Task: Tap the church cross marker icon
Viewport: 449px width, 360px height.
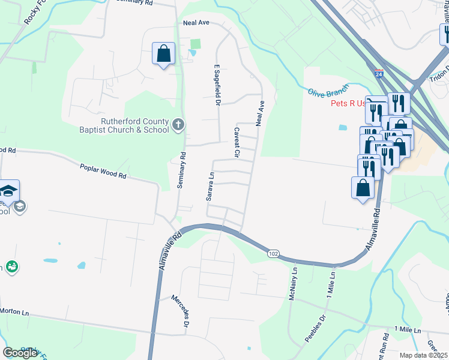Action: [178, 125]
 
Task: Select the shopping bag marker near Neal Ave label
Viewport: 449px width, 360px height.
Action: [163, 55]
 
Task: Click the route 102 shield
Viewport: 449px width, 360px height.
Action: [273, 254]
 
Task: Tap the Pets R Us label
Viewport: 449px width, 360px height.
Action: [348, 103]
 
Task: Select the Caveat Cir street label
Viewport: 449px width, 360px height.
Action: [237, 143]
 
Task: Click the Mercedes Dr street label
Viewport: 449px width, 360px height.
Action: [181, 310]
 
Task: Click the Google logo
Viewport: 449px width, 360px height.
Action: [20, 353]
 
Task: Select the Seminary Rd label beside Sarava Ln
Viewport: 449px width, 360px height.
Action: [181, 171]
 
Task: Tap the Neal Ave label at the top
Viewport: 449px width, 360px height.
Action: [196, 23]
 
